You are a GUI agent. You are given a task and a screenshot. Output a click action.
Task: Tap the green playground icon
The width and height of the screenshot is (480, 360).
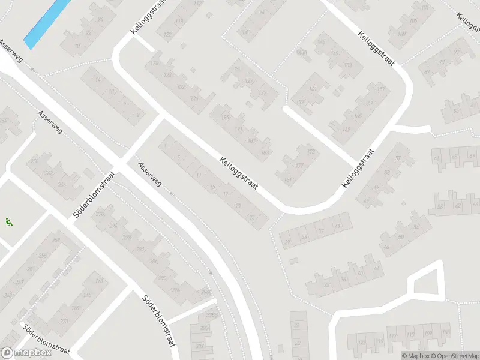pos(8,222)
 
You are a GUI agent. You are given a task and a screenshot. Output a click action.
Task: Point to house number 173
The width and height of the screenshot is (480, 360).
pos(311,152)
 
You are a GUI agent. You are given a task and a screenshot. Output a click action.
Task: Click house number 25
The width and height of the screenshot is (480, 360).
pos(252,217)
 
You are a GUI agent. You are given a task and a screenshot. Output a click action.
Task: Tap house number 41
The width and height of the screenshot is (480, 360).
pos(337,226)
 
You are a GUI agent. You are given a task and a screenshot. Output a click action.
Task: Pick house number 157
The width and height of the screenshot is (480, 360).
pos(379,89)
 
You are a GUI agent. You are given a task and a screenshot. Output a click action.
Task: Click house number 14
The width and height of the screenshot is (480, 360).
pos(98,80)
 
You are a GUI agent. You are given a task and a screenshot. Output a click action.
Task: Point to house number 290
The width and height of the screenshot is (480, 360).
pos(161,278)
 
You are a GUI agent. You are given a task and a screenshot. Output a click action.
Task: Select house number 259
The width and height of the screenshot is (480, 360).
pos(56,241)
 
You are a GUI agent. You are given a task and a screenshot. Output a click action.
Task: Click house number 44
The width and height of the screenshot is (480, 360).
pos(385,247)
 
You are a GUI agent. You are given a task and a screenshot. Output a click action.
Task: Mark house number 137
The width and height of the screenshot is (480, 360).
pos(301,103)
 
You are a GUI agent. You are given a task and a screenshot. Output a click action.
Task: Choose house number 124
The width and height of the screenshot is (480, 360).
pos(154,64)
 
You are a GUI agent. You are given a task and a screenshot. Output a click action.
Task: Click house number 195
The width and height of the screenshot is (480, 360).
pos(226,117)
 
